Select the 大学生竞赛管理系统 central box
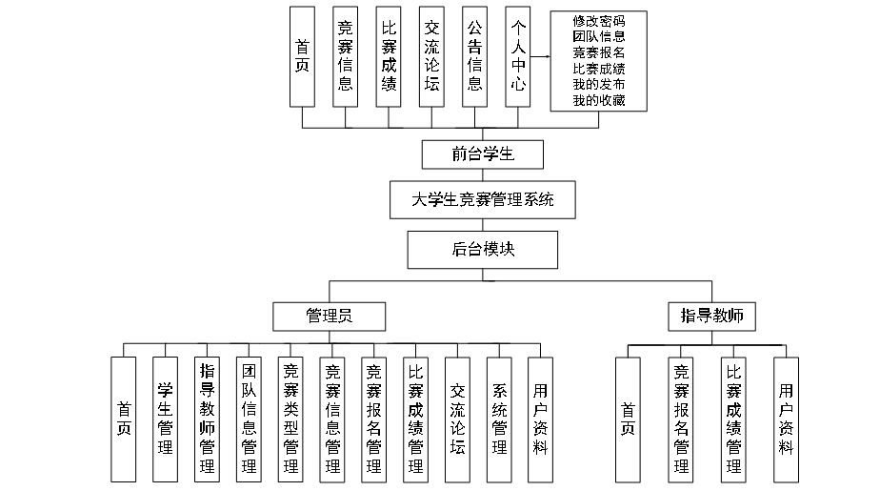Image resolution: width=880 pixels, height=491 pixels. tap(483, 201)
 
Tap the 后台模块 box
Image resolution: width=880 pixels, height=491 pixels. tap(483, 250)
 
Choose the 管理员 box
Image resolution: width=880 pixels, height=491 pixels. tap(329, 316)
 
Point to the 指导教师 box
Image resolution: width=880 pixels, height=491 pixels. tap(711, 316)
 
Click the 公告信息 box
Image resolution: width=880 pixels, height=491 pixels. tap(474, 57)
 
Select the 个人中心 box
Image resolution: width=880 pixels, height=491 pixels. tap(518, 57)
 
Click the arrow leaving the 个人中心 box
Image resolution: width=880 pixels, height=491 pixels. tap(541, 57)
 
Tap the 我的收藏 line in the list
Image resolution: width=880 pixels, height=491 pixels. tap(599, 100)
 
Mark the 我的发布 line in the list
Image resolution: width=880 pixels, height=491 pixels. tap(599, 85)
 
